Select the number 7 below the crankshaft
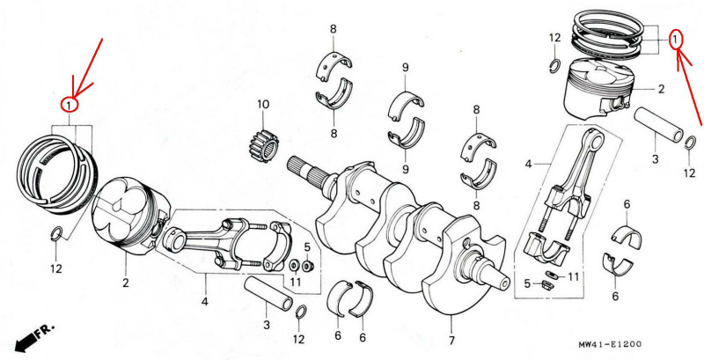coord(451,341)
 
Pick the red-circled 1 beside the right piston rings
coord(676,40)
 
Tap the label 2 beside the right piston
coord(661,90)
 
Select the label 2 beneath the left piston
coord(125,283)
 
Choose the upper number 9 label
coord(406,68)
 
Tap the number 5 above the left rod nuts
coord(307,247)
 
